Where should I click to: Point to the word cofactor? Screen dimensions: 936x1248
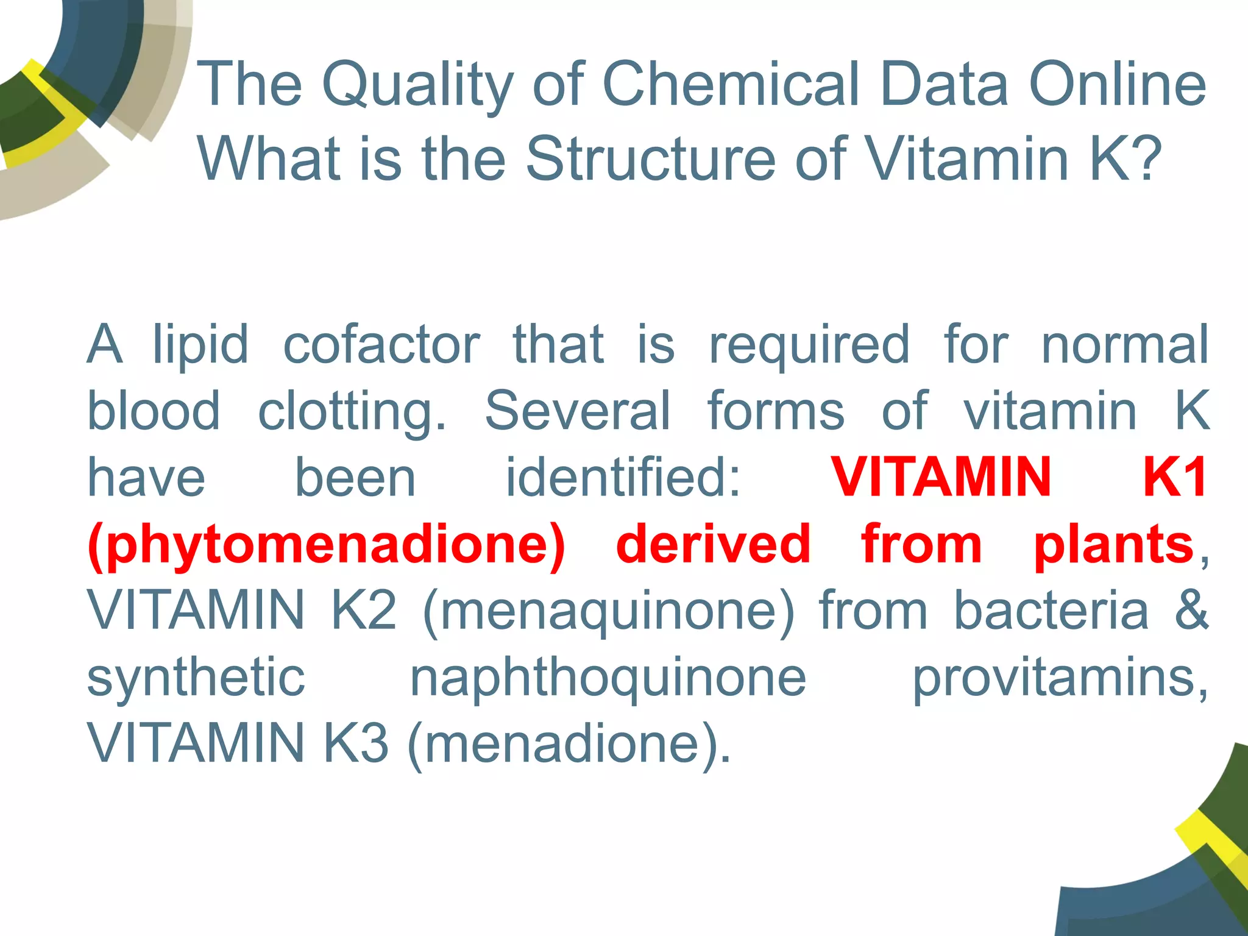[x=381, y=345]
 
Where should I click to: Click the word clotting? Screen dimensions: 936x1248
[x=352, y=411]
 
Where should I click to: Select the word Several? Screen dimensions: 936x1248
[x=577, y=411]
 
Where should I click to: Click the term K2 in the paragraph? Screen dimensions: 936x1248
[x=363, y=611]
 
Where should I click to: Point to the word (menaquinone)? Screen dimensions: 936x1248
[x=608, y=611]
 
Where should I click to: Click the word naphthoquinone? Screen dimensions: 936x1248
[x=608, y=678]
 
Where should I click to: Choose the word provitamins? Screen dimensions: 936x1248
[x=1059, y=678]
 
